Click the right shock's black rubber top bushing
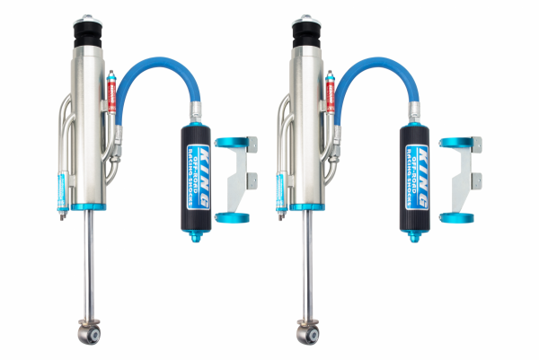coord(305,40)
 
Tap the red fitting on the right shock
coord(330,94)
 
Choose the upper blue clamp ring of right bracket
coord(455,143)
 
